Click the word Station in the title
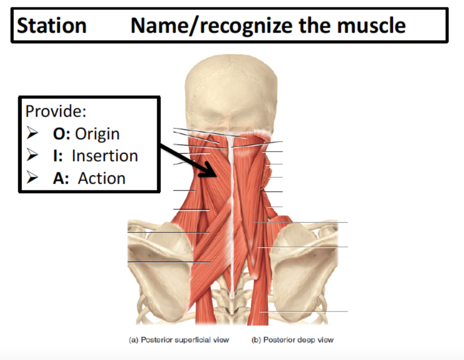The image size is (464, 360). point(51,26)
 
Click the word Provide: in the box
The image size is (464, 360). point(56,111)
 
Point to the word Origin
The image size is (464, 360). point(97,134)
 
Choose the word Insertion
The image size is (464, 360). point(105,156)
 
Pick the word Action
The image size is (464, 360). point(101,178)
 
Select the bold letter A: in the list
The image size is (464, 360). point(61,178)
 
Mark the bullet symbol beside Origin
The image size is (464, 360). point(32,134)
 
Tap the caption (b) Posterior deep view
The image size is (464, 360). point(292,340)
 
